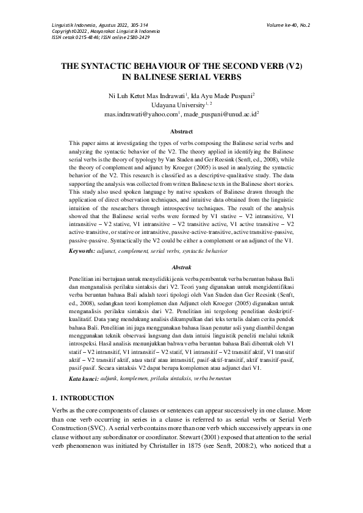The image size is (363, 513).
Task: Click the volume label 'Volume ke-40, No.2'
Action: coord(288,26)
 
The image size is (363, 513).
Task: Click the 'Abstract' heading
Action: coord(181,132)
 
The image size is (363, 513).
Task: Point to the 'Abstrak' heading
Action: coord(181,266)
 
